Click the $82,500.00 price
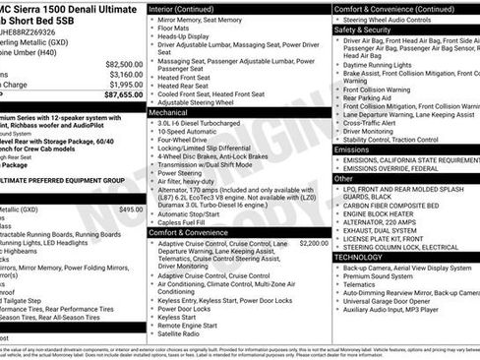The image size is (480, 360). coord(124,63)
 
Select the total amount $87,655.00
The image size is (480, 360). coord(124,95)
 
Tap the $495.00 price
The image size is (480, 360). coord(130,210)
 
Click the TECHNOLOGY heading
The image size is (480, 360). coord(358,257)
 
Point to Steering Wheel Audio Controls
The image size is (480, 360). coord(399,20)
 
